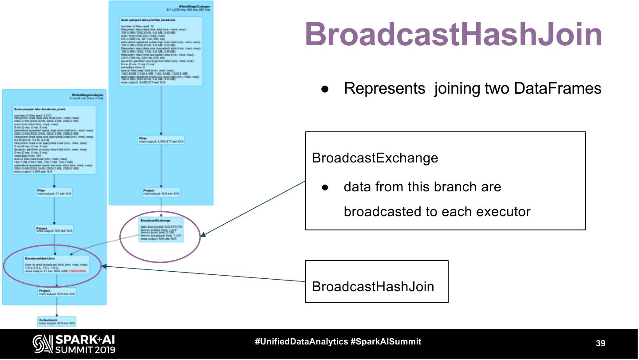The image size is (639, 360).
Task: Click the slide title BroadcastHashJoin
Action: pos(454,35)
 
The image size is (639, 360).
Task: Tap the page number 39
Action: pos(600,343)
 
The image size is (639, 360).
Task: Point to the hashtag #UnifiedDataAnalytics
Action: pos(301,342)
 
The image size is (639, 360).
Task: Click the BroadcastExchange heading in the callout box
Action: pos(375,158)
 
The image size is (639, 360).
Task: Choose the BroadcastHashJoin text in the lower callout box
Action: pos(373,286)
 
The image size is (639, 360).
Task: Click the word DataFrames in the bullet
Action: pos(558,88)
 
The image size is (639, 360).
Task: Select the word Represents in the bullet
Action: pos(384,88)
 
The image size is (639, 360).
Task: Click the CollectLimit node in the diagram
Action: pos(57,321)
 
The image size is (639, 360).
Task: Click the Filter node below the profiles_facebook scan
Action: pos(161,140)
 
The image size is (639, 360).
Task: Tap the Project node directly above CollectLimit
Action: pos(57,293)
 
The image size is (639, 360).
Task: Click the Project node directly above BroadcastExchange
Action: pos(161,192)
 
